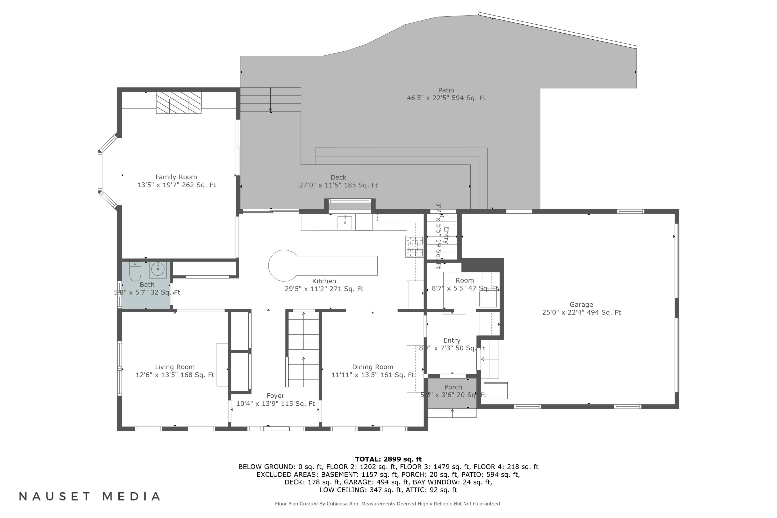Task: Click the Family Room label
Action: [176, 177]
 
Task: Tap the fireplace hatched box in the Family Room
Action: [178, 103]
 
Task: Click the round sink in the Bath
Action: [158, 269]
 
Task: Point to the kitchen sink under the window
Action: [344, 222]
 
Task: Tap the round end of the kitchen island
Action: [282, 265]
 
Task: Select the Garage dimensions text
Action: [581, 313]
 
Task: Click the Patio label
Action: [446, 90]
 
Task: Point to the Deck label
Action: [338, 177]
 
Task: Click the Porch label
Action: [453, 387]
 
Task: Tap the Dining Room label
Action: [372, 367]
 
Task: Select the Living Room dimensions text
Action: [175, 375]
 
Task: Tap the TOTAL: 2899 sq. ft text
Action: [388, 459]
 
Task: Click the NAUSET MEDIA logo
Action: [90, 497]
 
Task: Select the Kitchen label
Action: [324, 281]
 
